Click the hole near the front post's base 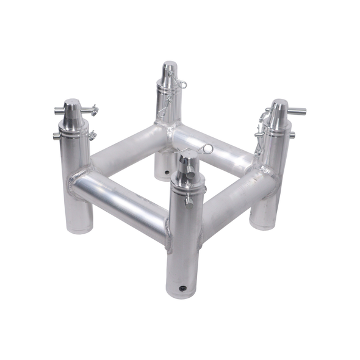(x=181, y=286)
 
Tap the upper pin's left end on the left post (x=57, y=111)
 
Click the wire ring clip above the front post (x=207, y=148)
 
